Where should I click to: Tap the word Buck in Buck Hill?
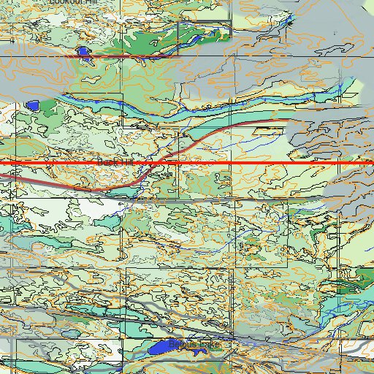(x=109, y=161)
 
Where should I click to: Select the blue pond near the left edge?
(x=32, y=105)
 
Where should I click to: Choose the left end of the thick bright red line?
(x=2, y=162)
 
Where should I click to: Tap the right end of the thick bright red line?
(x=372, y=162)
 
